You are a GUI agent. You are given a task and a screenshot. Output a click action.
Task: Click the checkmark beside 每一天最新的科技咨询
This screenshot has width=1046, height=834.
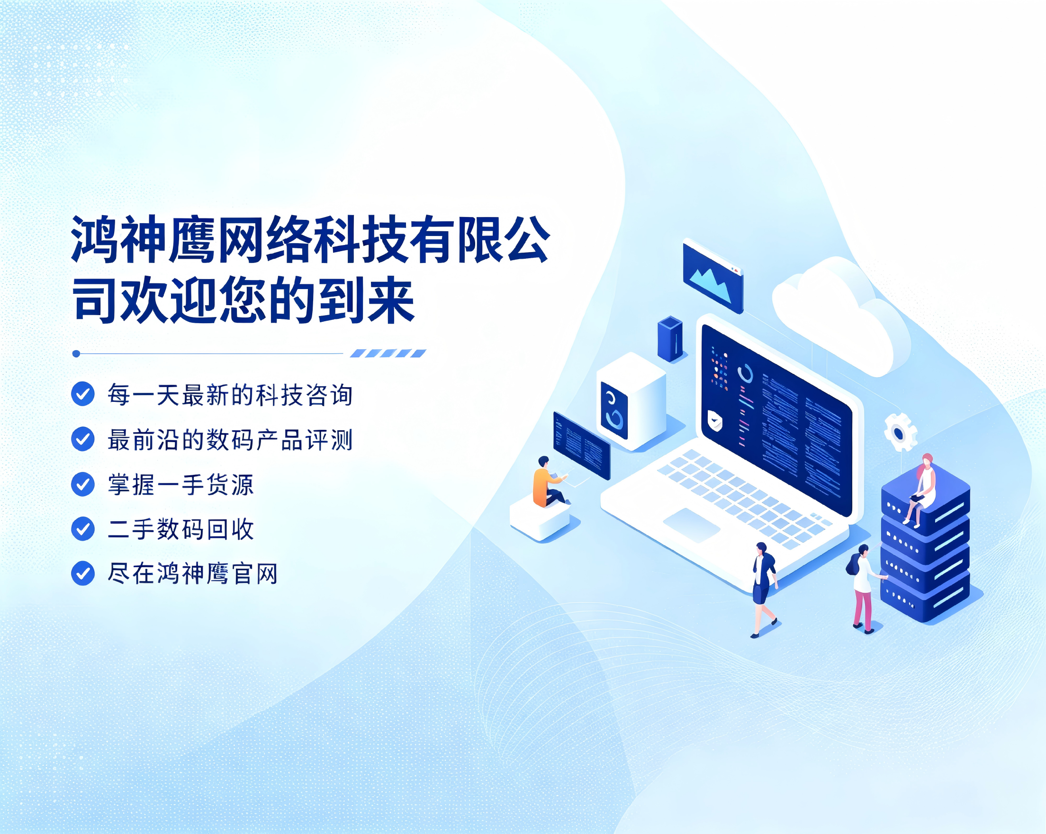pyautogui.click(x=83, y=393)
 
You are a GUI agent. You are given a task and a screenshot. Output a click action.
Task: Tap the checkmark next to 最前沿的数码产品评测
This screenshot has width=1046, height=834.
pyautogui.click(x=83, y=439)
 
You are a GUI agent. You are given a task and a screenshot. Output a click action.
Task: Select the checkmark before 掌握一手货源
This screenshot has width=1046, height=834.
pyautogui.click(x=83, y=484)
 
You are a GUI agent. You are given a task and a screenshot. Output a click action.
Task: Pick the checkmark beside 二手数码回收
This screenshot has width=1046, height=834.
pyautogui.click(x=83, y=528)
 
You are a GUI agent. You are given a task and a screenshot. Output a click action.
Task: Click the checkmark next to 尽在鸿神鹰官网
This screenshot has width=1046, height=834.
pyautogui.click(x=83, y=573)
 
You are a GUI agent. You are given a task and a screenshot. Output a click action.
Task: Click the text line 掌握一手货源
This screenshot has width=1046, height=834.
pyautogui.click(x=180, y=484)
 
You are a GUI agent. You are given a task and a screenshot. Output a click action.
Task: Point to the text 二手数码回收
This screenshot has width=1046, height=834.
pyautogui.click(x=180, y=529)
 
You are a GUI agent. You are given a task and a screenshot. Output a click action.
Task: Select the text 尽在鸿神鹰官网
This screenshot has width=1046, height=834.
pyautogui.click(x=193, y=574)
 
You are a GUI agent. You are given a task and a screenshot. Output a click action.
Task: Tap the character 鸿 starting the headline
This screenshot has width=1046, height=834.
pyautogui.click(x=95, y=239)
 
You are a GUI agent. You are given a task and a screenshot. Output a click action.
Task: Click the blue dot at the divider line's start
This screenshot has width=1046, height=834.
pyautogui.click(x=76, y=354)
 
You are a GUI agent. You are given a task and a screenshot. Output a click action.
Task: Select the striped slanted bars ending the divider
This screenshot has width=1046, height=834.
pyautogui.click(x=388, y=353)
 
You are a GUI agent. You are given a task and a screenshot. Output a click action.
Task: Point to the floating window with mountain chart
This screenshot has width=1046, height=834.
pyautogui.click(x=712, y=275)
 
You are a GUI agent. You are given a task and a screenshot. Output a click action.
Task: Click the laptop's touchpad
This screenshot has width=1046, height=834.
pyautogui.click(x=691, y=525)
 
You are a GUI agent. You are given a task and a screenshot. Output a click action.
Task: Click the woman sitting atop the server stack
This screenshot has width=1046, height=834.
pyautogui.click(x=920, y=490)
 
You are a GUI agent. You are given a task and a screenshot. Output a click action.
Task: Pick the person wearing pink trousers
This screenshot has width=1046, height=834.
pyautogui.click(x=865, y=589)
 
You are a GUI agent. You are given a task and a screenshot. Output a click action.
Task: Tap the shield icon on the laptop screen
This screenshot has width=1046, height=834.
pyautogui.click(x=714, y=420)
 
